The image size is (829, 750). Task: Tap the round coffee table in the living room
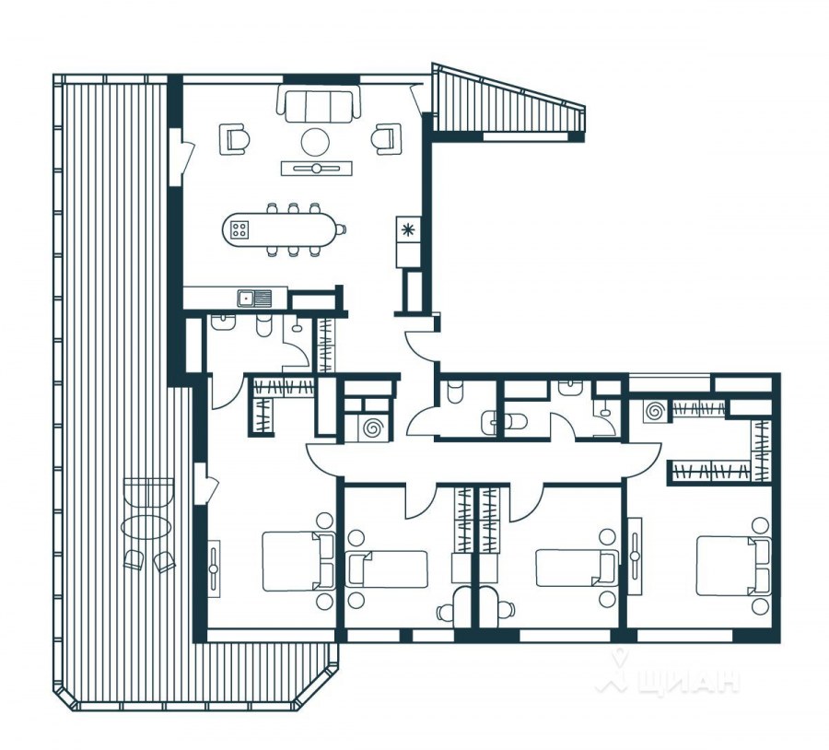(x=316, y=141)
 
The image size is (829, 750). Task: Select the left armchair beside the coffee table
(x=235, y=138)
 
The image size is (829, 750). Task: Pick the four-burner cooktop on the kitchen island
(x=239, y=229)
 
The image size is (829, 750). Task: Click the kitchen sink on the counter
(x=254, y=299)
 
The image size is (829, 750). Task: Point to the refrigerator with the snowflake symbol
(x=408, y=229)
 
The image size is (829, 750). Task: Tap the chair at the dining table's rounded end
(x=342, y=229)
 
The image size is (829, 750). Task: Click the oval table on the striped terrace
(x=146, y=527)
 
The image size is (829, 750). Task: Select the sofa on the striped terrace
(x=148, y=491)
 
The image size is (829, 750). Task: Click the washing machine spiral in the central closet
(x=372, y=427)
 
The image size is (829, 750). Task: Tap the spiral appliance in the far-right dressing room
(x=657, y=411)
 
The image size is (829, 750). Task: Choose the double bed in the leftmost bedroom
(x=298, y=561)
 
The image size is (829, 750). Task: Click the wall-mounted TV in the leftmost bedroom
(x=213, y=568)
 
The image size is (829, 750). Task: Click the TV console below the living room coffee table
(x=316, y=169)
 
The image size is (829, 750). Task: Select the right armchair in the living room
(x=387, y=138)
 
